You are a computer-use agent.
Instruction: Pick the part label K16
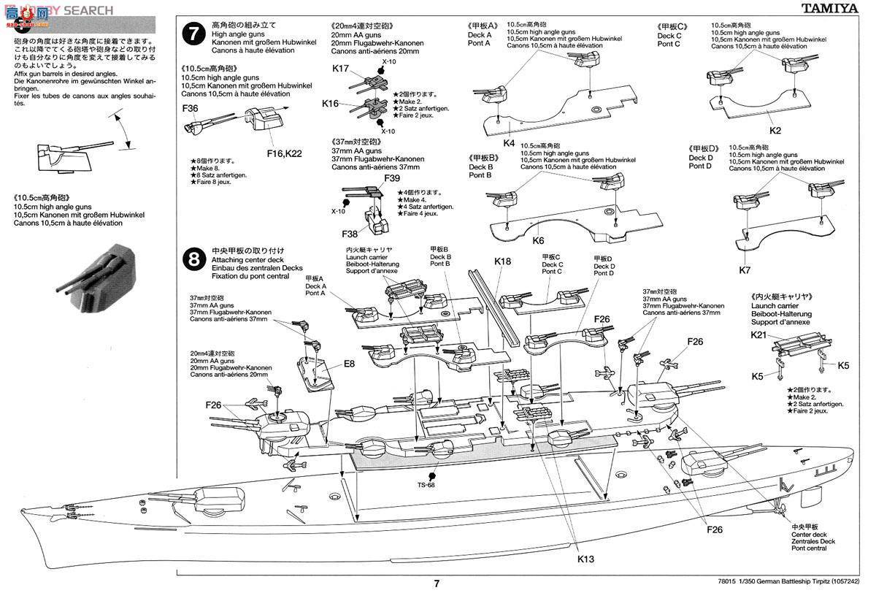pos(331,104)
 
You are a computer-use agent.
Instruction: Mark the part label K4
pos(509,142)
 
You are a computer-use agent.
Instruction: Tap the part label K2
pos(775,131)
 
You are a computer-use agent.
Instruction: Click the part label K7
pos(745,270)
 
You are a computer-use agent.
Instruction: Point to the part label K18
pos(503,261)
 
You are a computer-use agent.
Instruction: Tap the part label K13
pos(585,559)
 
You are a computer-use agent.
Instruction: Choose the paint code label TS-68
pos(427,485)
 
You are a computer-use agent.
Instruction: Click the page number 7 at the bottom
pos(437,583)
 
